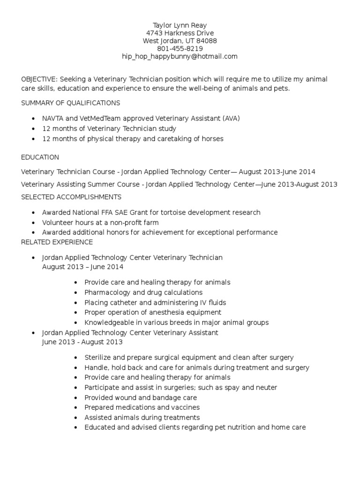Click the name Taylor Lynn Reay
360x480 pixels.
(180, 25)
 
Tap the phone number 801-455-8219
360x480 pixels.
(180, 48)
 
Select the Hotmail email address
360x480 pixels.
(180, 56)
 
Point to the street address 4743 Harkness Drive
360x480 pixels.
(180, 33)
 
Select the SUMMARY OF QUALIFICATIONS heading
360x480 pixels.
(71, 103)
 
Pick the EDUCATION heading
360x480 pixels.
(40, 157)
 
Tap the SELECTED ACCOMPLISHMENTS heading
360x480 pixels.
(71, 197)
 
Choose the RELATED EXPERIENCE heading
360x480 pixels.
(57, 242)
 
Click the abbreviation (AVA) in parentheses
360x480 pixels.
(231, 118)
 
